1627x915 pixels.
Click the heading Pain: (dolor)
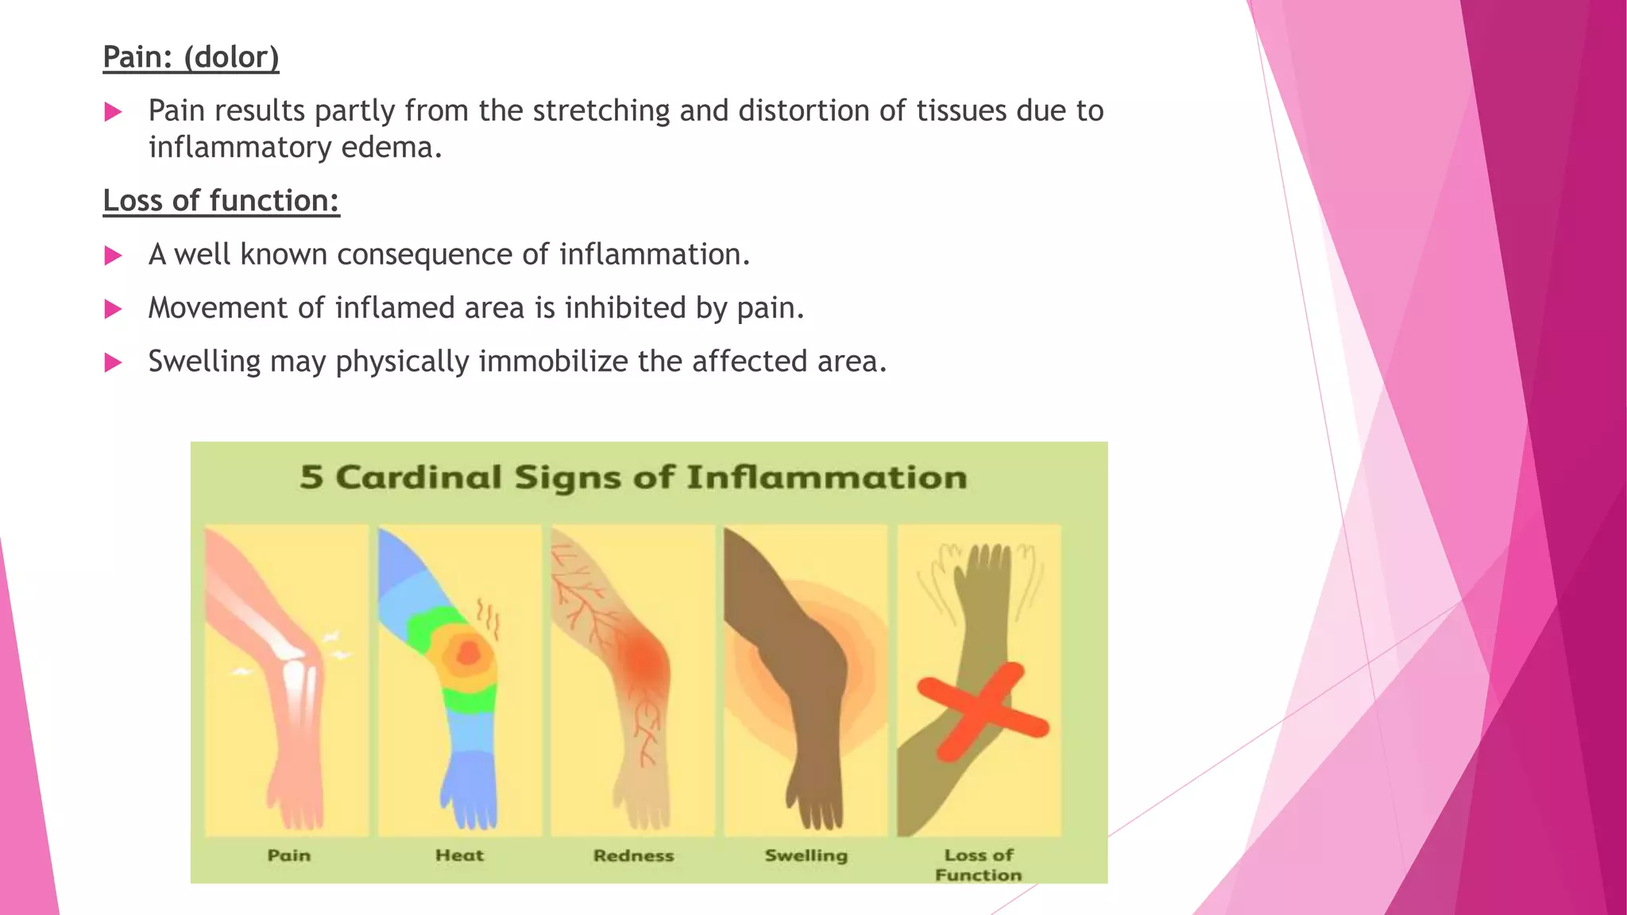click(x=191, y=57)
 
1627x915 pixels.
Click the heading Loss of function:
click(x=221, y=201)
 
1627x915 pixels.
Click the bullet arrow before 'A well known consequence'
click(x=113, y=256)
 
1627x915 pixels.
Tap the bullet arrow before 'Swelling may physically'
click(x=113, y=363)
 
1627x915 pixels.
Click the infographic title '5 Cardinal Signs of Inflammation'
click(x=633, y=477)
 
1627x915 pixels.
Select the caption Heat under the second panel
click(x=459, y=855)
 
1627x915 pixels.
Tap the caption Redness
click(x=633, y=855)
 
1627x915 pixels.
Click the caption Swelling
click(x=806, y=855)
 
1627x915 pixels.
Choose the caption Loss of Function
click(x=979, y=865)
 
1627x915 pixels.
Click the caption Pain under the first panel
click(x=288, y=855)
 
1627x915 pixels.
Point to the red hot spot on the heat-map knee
click(x=469, y=653)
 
